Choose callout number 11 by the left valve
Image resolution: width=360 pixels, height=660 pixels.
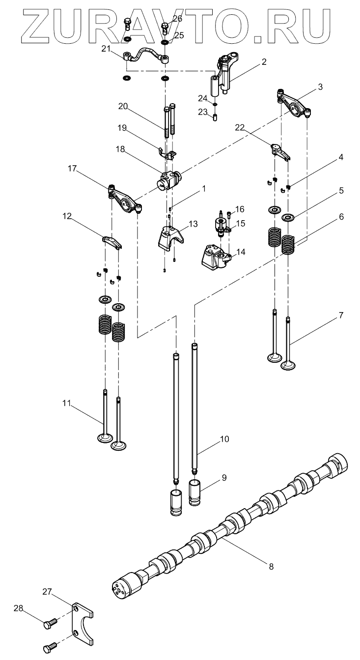[66, 403]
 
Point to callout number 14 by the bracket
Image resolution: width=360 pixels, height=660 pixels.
[241, 251]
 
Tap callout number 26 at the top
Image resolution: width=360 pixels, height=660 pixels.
[177, 19]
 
